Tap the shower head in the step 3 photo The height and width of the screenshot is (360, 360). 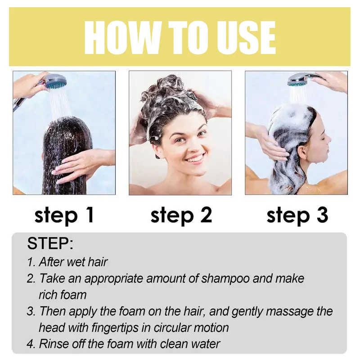[x=298, y=81]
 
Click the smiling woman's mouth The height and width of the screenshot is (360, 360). [x=194, y=158]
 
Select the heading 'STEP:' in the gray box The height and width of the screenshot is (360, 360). [x=50, y=243]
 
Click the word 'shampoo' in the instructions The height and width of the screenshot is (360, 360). [x=225, y=279]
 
